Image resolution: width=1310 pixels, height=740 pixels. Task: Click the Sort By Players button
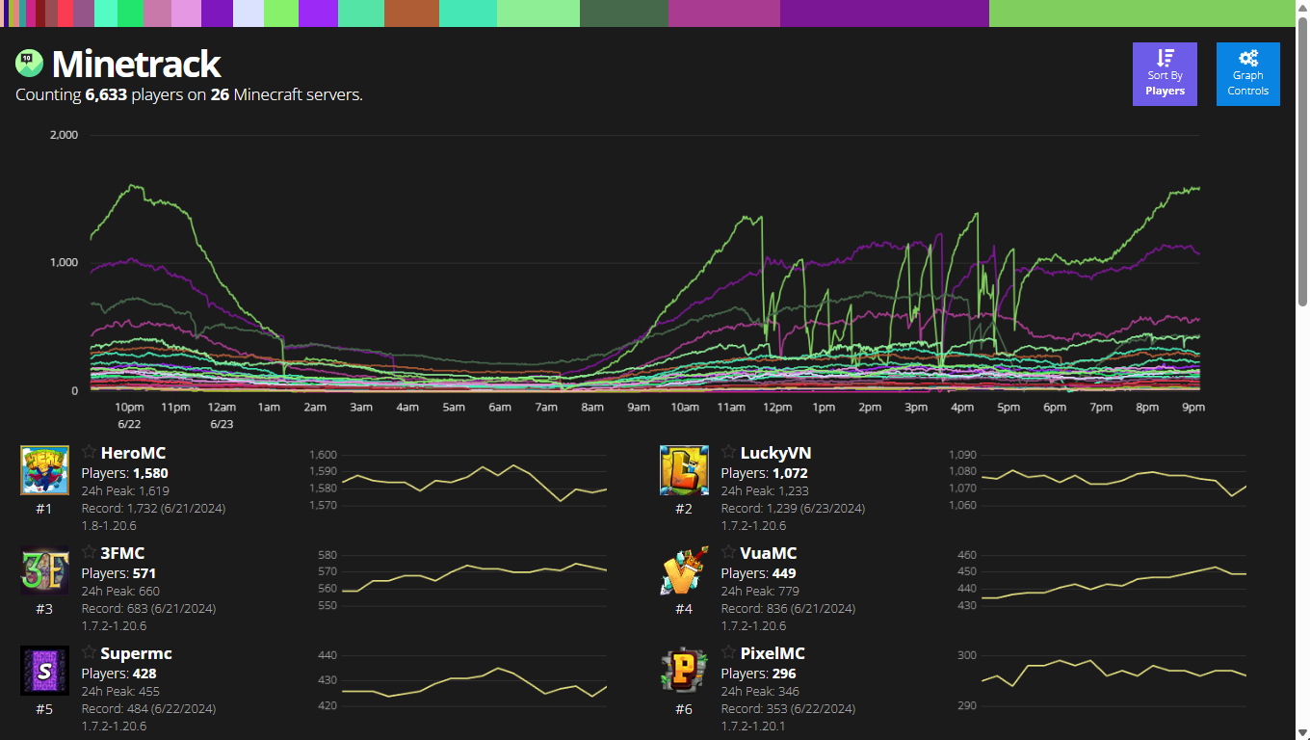point(1165,74)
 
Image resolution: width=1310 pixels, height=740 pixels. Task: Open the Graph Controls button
point(1247,74)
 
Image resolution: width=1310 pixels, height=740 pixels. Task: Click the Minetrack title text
point(136,64)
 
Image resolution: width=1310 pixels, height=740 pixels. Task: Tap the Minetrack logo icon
point(28,63)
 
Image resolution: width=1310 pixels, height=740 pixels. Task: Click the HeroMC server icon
point(44,470)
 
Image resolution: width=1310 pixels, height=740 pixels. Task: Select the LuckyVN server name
point(775,453)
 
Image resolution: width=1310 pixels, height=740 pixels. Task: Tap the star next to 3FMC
point(89,552)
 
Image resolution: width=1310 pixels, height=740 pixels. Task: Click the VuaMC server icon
point(684,570)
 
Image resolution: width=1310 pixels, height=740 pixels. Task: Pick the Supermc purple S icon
point(44,671)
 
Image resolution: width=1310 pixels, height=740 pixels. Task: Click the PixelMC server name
point(773,653)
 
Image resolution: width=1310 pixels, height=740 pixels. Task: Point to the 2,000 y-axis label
point(63,135)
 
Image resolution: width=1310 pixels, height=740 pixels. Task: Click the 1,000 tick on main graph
point(63,263)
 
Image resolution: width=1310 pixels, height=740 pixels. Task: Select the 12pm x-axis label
point(777,408)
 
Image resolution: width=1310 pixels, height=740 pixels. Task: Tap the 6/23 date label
point(222,424)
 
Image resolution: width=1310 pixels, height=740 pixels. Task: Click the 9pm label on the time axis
point(1193,408)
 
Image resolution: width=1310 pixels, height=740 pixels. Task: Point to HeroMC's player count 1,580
point(150,473)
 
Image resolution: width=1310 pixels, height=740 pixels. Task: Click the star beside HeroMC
point(89,452)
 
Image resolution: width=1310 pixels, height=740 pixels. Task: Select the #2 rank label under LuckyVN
point(684,509)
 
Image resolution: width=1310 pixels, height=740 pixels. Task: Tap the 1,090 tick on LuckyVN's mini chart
point(962,455)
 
